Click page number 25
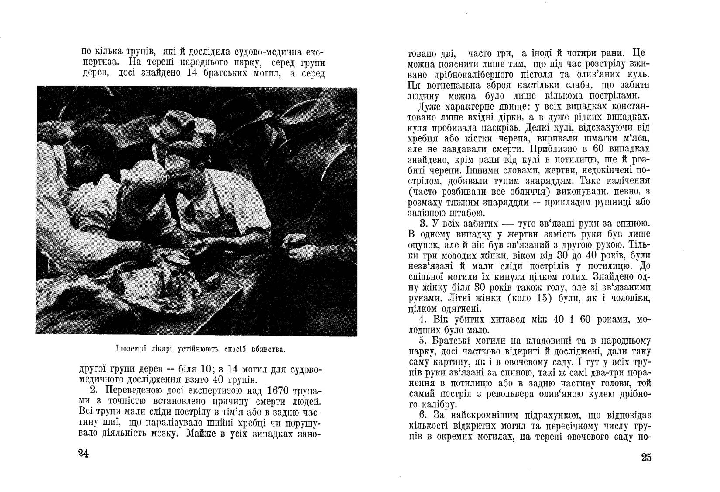tap(646, 458)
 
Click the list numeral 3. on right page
tap(422, 224)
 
